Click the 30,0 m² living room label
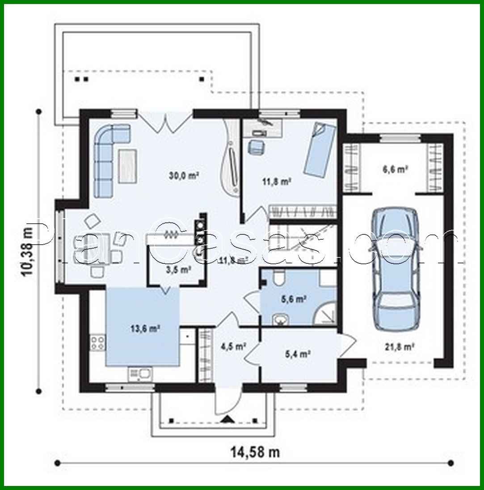coord(184,175)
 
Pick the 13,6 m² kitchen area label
coord(146,329)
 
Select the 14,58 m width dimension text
coord(255,452)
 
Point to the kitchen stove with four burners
coord(98,343)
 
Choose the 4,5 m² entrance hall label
coord(233,346)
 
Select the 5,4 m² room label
coord(298,354)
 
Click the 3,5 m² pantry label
coord(177,270)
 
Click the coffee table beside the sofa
coord(128,166)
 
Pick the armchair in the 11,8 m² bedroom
coord(256,147)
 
